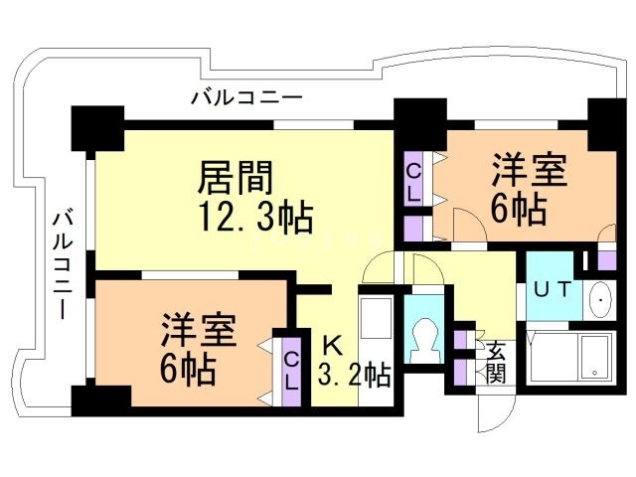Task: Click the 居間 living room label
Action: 236,179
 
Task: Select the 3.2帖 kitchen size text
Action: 353,376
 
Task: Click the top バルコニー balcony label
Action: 245,97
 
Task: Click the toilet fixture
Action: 424,338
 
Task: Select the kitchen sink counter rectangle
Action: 377,324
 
